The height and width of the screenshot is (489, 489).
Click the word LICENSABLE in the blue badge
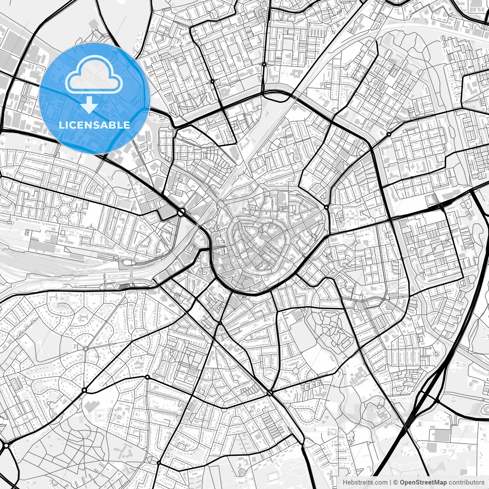(x=94, y=125)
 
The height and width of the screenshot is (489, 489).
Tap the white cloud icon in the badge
(x=94, y=74)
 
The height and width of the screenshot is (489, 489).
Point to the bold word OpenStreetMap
(x=423, y=483)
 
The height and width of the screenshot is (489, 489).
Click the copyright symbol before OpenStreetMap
(x=396, y=483)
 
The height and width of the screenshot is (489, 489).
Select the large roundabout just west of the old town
(x=181, y=212)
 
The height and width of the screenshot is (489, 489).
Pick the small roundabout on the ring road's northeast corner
(x=326, y=207)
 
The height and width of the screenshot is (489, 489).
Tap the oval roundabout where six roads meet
(x=270, y=393)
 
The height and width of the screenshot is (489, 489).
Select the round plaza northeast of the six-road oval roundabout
(x=296, y=370)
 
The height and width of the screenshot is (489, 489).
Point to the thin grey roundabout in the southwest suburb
(x=86, y=348)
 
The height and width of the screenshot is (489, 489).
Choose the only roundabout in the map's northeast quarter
(x=389, y=134)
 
